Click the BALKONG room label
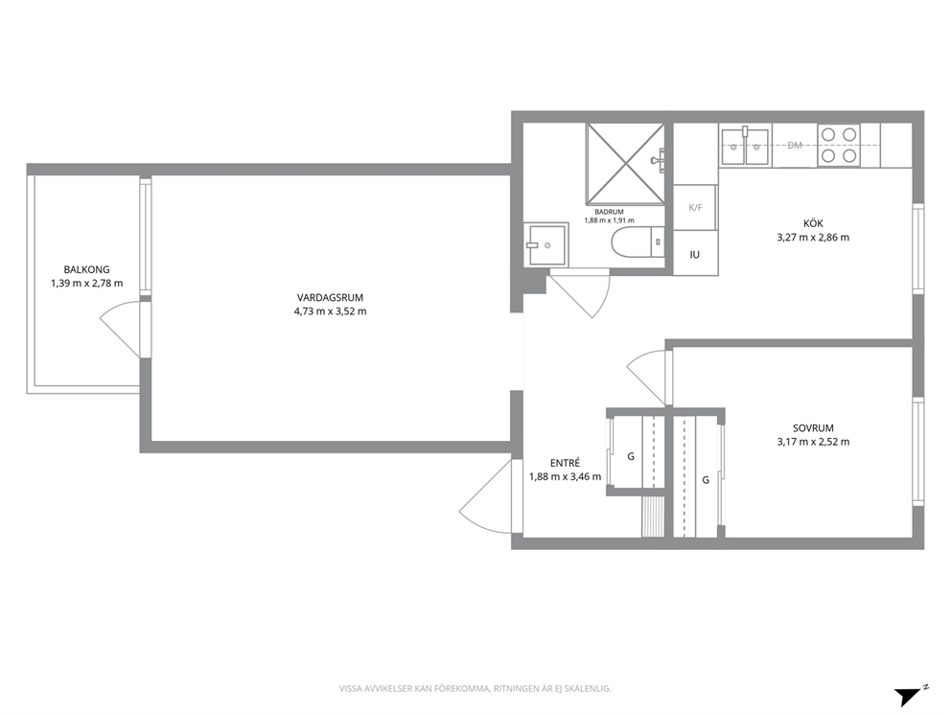click(x=86, y=270)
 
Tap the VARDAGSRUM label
click(x=330, y=298)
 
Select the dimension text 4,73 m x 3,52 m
click(x=330, y=311)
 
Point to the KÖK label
click(x=813, y=223)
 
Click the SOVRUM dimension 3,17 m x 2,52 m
click(x=813, y=442)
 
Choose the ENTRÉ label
click(x=565, y=463)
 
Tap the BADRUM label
click(x=609, y=212)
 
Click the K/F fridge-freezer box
click(x=695, y=207)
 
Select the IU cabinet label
click(x=694, y=255)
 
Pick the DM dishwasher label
click(x=795, y=146)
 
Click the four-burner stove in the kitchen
click(x=839, y=146)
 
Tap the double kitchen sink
click(x=745, y=146)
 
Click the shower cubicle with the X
click(x=625, y=164)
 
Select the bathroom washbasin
click(x=546, y=244)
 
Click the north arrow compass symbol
click(x=911, y=696)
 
